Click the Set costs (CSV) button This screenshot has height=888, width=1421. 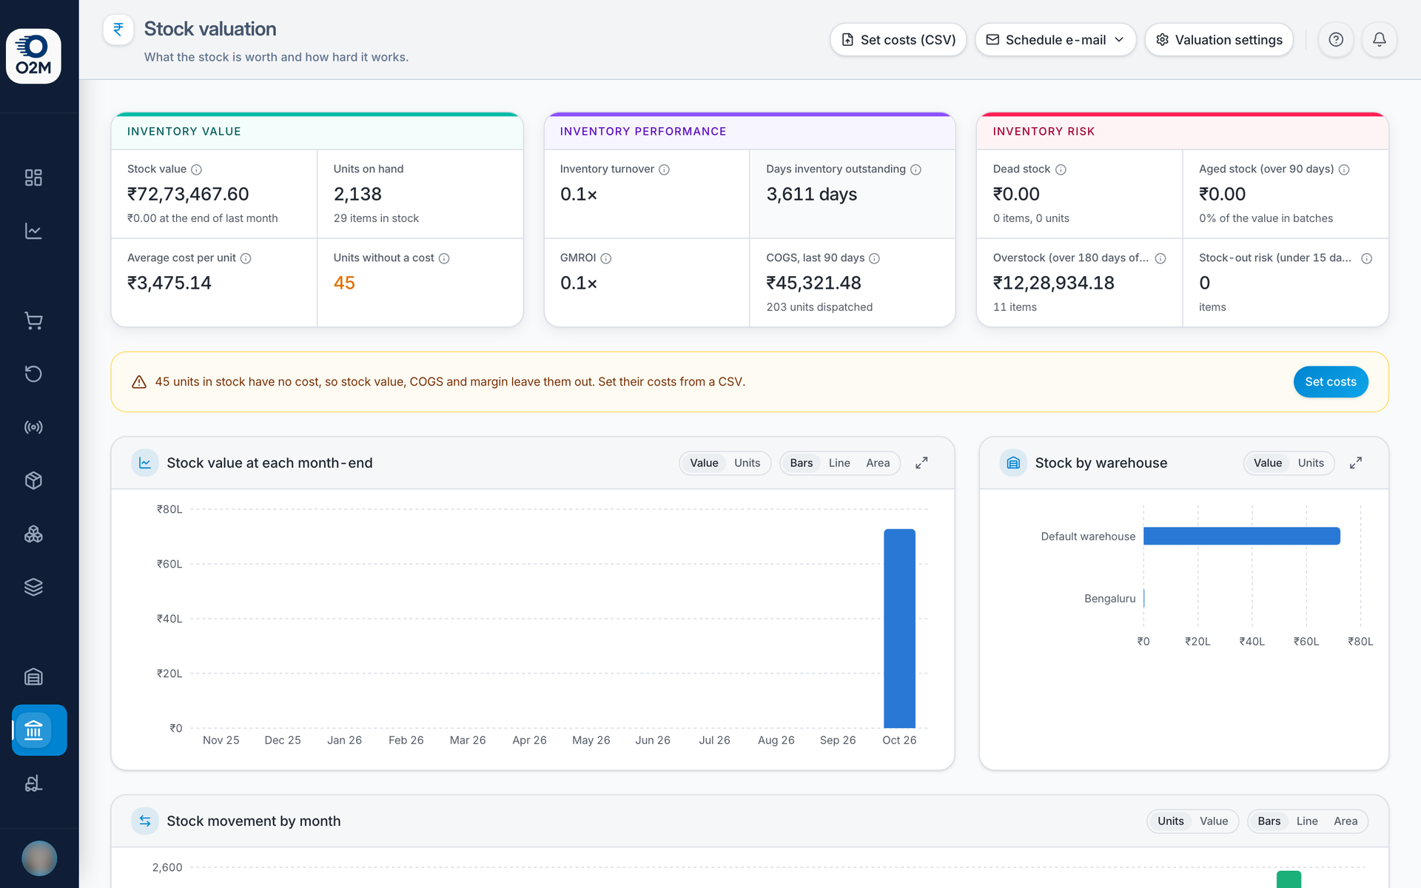pyautogui.click(x=898, y=40)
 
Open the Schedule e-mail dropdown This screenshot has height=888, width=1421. pyautogui.click(x=1055, y=40)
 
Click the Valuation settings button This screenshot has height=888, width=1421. pyautogui.click(x=1219, y=40)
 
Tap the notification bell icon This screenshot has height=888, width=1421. pyautogui.click(x=1379, y=40)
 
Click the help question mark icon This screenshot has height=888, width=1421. pyautogui.click(x=1335, y=40)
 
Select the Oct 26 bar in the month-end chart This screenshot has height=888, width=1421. pyautogui.click(x=899, y=628)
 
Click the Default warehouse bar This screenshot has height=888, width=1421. pyautogui.click(x=1241, y=536)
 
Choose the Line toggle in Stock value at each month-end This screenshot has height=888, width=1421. pyautogui.click(x=839, y=463)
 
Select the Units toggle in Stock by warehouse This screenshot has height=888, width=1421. pyautogui.click(x=1310, y=463)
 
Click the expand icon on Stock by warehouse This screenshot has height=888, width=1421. pyautogui.click(x=1355, y=463)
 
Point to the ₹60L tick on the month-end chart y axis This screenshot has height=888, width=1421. pyautogui.click(x=169, y=564)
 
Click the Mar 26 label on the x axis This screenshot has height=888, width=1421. pyautogui.click(x=468, y=740)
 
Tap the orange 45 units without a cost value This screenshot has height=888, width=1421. pyautogui.click(x=344, y=283)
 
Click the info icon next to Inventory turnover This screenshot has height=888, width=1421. pyautogui.click(x=664, y=169)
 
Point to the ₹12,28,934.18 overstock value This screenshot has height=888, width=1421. pyautogui.click(x=1053, y=283)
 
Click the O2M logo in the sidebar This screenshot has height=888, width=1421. pyautogui.click(x=33, y=56)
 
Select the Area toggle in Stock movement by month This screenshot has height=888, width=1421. pyautogui.click(x=1345, y=821)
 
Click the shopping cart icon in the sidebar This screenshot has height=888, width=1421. pyautogui.click(x=33, y=320)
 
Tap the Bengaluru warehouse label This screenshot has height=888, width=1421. pyautogui.click(x=1109, y=599)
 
